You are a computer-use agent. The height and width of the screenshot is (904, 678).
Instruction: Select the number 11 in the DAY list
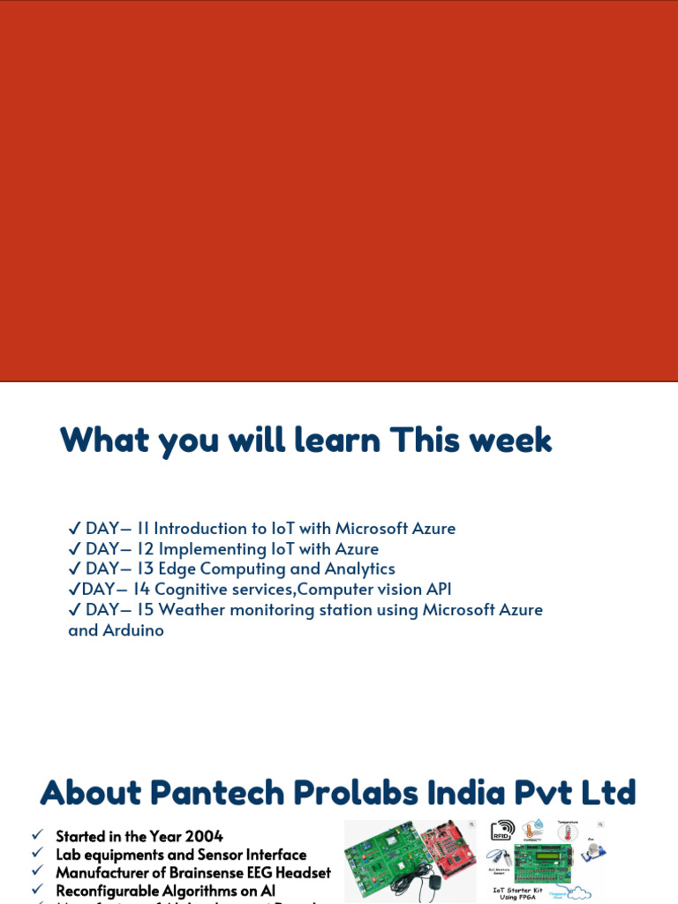(x=141, y=529)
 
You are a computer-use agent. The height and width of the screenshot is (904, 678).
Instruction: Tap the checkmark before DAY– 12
(x=74, y=549)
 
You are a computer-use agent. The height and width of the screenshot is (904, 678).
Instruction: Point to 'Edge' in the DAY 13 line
(x=177, y=569)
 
